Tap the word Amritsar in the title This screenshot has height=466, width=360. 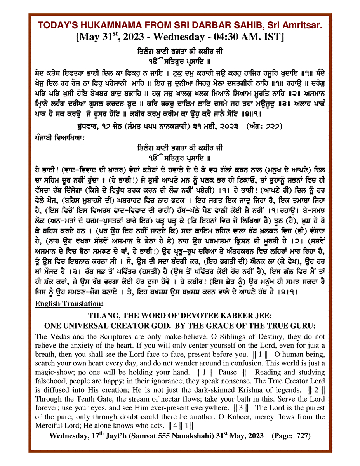(x=303, y=25)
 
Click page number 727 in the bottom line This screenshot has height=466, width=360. (x=303, y=436)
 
